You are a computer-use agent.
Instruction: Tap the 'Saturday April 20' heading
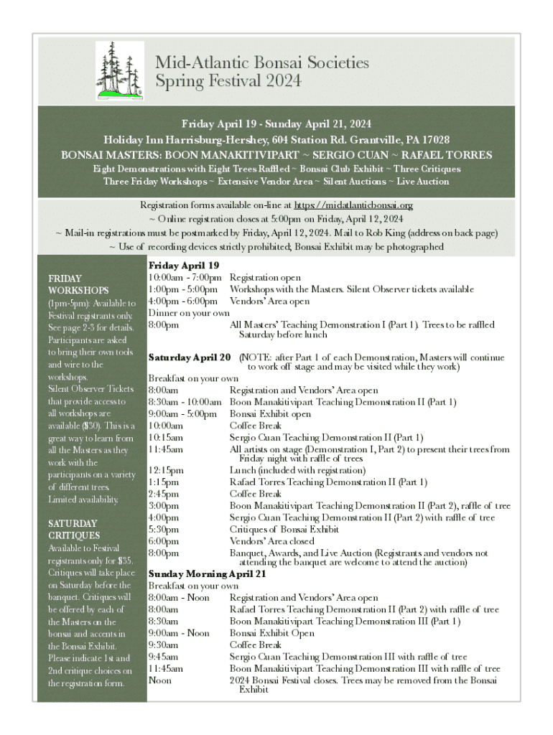pos(190,357)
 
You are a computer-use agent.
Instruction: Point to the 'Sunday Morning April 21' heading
pos(207,574)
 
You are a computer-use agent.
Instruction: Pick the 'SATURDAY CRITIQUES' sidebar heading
pos(74,529)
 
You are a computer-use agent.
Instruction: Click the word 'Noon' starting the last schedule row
pos(159,680)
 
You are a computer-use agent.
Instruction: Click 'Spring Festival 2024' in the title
pos(228,80)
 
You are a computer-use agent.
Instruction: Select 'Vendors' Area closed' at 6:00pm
pos(272,541)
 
